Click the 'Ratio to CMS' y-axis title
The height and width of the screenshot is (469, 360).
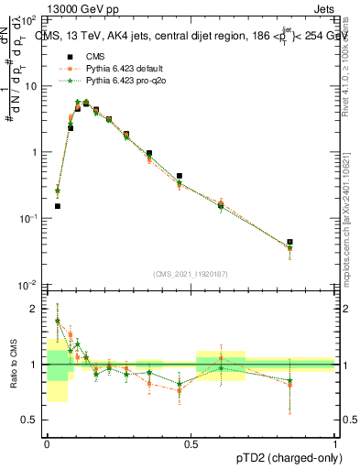click(x=12, y=365)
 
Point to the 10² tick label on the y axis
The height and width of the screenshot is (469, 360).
click(x=30, y=18)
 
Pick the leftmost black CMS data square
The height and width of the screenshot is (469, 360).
click(x=58, y=206)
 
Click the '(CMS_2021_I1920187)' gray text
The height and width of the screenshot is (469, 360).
click(x=191, y=273)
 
